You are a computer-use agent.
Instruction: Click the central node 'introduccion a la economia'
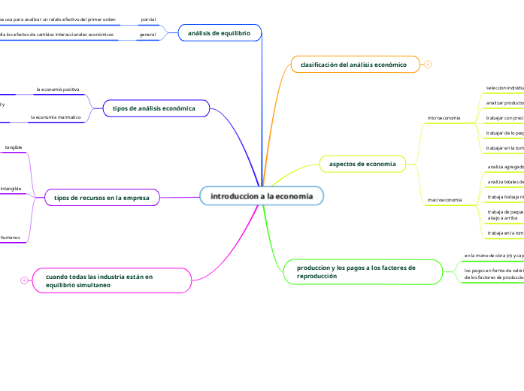[x=262, y=196]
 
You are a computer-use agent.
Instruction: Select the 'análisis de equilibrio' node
[x=219, y=32]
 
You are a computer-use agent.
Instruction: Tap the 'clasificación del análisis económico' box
[x=353, y=65]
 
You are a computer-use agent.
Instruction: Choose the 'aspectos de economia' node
[x=362, y=163]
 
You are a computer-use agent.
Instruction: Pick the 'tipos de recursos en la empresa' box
[x=101, y=198]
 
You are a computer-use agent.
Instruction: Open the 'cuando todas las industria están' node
[x=112, y=281]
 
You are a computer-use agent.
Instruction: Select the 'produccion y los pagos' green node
[x=362, y=271]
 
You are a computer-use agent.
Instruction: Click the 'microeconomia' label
[x=444, y=118]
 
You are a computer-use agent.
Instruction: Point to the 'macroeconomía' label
[x=444, y=200]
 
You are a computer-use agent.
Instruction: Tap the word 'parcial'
[x=148, y=19]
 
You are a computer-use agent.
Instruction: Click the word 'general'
[x=147, y=35]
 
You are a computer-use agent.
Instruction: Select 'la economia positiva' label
[x=58, y=89]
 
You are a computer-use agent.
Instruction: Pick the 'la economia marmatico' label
[x=55, y=117]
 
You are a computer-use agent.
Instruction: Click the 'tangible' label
[x=14, y=147]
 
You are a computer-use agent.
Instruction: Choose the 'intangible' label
[x=11, y=188]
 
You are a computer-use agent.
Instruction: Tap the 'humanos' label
[x=10, y=238]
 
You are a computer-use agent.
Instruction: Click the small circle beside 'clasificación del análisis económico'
[x=428, y=65]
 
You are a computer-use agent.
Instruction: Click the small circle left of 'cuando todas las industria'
[x=24, y=280]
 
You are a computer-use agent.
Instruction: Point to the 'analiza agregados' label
[x=505, y=166]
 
